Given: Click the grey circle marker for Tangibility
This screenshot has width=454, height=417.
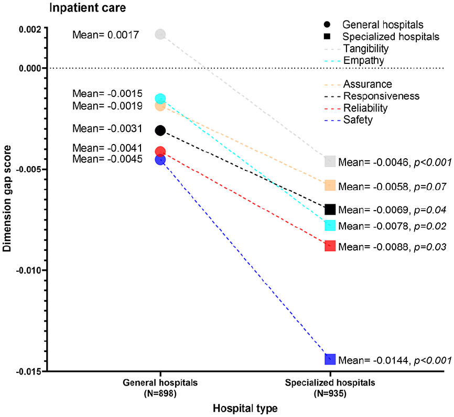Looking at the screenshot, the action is [x=160, y=35].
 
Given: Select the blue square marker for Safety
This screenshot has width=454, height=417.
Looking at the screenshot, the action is [x=330, y=359].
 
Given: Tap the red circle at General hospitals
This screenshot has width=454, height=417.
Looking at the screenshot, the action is [x=160, y=151].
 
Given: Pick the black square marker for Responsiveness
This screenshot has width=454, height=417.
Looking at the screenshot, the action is [x=330, y=209].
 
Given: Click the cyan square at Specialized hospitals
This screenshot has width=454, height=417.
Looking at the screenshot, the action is [x=330, y=225].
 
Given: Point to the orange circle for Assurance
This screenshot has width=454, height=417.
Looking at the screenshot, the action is [x=160, y=106].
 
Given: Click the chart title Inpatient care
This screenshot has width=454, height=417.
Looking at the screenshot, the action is [x=88, y=8].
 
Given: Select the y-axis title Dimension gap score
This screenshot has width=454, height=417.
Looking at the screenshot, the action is [x=7, y=199].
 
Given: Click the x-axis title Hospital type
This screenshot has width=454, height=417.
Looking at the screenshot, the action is [x=245, y=408].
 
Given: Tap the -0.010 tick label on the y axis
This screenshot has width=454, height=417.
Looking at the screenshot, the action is [x=29, y=270].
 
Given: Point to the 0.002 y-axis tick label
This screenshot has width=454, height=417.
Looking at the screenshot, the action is [x=30, y=29].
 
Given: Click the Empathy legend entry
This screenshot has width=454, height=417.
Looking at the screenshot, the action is [x=354, y=60].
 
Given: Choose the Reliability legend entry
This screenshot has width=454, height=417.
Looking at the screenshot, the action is [x=356, y=108].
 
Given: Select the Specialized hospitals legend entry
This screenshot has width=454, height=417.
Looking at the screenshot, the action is [x=382, y=37].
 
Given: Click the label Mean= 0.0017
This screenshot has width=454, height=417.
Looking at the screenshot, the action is [x=106, y=35].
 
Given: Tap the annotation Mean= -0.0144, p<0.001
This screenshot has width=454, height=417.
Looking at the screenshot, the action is [x=395, y=360].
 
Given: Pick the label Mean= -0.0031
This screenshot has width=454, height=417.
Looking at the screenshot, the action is [x=107, y=128].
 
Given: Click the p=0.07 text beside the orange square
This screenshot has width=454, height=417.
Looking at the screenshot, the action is [x=430, y=187].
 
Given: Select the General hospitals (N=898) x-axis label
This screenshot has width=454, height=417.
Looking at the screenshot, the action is [x=160, y=388].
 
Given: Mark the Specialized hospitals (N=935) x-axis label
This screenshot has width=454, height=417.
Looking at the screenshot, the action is [x=330, y=388].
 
